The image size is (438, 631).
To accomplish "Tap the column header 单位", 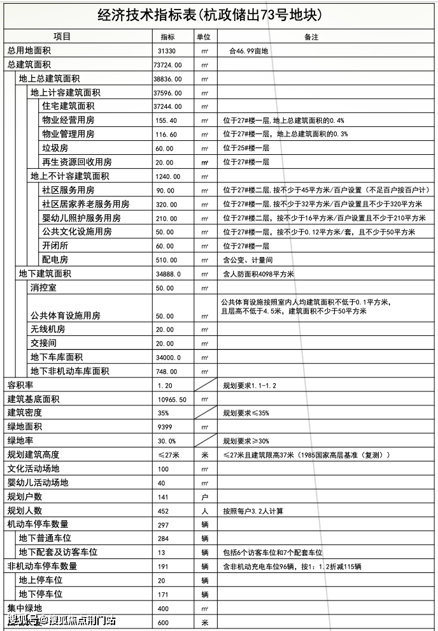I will click(204, 36).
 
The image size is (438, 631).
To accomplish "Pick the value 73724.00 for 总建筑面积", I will click(167, 64).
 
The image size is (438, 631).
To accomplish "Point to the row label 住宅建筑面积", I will click(68, 106).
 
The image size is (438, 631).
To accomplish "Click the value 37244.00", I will click(167, 106).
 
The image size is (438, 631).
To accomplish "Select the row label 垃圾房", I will click(55, 148).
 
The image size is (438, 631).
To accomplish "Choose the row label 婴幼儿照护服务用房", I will click(81, 218).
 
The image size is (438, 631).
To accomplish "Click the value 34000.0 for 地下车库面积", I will click(168, 357).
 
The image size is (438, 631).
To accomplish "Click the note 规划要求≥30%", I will click(245, 440).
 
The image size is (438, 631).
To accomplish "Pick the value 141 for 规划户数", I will click(163, 497).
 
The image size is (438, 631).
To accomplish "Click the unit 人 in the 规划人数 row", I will click(204, 511).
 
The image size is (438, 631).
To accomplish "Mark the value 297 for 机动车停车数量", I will click(163, 525).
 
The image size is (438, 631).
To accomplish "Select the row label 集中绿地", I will click(24, 608).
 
